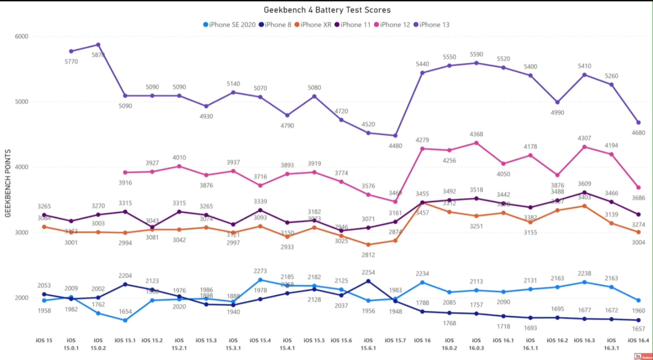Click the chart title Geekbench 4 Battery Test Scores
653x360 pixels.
click(x=327, y=10)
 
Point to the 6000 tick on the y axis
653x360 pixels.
click(x=22, y=36)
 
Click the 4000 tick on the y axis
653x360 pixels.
click(x=22, y=167)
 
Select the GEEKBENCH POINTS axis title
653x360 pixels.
click(x=8, y=184)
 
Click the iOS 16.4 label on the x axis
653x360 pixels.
click(x=638, y=340)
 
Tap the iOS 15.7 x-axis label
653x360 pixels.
click(x=395, y=340)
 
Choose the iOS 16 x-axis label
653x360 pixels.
click(x=423, y=340)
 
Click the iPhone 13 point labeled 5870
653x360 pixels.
click(x=98, y=45)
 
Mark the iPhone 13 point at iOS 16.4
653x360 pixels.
click(x=638, y=122)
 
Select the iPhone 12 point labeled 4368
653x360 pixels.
click(x=476, y=143)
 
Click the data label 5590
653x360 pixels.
click(x=476, y=54)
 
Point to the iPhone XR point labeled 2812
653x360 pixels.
click(x=368, y=244)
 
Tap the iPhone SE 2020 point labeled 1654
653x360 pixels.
click(x=125, y=320)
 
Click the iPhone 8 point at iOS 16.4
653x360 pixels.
click(x=638, y=320)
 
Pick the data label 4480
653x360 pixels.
click(x=395, y=146)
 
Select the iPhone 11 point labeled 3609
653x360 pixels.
click(x=585, y=193)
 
